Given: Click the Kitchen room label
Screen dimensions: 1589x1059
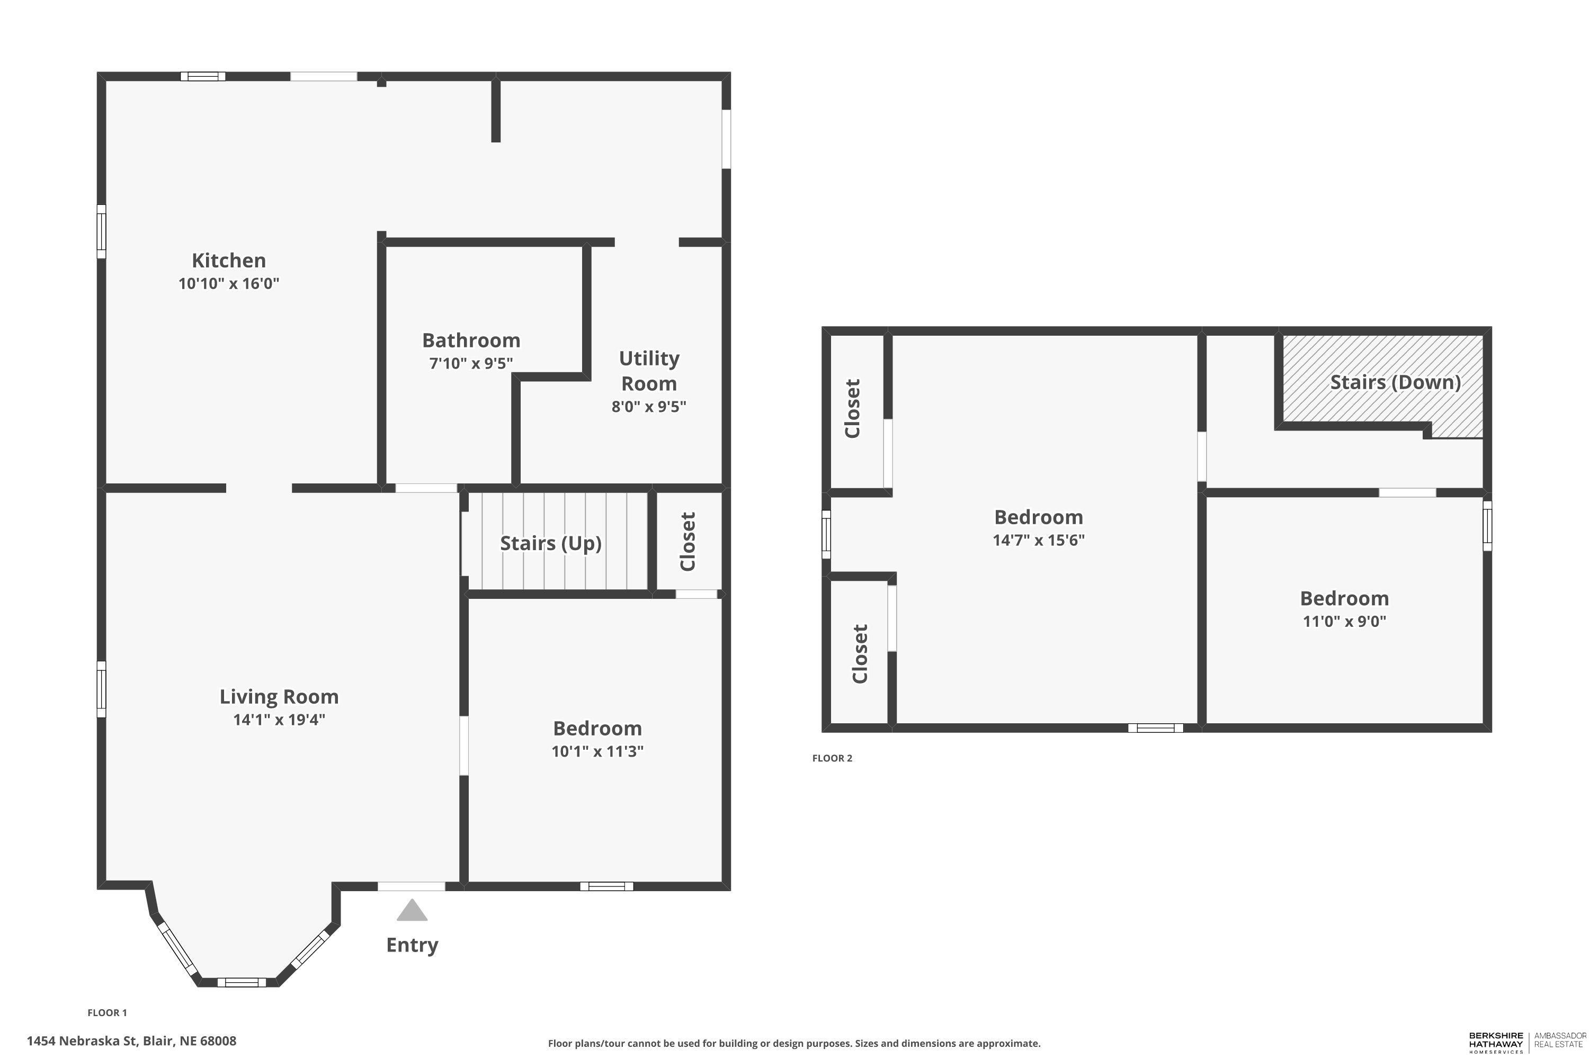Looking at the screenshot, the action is [228, 261].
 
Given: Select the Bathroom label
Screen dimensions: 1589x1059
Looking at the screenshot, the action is [471, 340].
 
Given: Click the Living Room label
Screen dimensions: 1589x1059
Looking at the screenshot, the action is [279, 697].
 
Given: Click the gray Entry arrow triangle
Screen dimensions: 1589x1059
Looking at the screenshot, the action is [412, 910].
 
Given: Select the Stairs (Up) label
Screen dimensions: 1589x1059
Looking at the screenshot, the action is [551, 543].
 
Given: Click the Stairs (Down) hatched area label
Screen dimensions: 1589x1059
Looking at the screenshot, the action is [1395, 382].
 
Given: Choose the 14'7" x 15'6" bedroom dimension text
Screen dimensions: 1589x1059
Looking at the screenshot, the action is [1038, 540].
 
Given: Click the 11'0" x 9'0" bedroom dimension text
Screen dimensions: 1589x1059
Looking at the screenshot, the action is [1344, 621].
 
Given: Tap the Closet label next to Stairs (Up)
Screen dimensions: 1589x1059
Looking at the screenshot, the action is [688, 542].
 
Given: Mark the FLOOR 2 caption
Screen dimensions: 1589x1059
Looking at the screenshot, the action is [832, 758].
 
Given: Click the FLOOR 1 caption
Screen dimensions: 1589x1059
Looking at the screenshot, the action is [108, 1012].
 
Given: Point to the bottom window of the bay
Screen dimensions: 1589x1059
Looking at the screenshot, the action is [241, 982].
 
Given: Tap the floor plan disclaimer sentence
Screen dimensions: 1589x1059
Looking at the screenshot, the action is [794, 1044].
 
